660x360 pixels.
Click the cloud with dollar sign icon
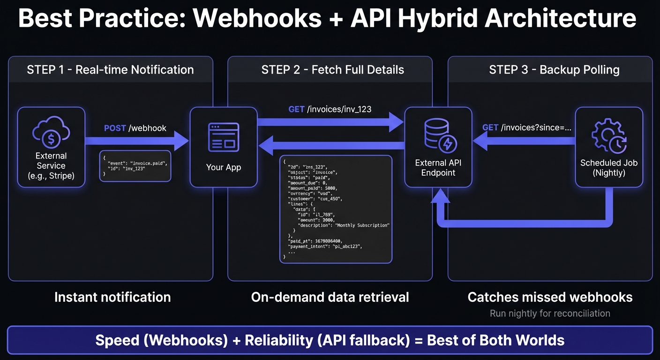tap(51, 134)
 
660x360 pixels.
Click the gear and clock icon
tap(608, 136)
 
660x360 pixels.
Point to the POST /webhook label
tap(135, 128)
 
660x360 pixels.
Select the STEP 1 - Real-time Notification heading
tap(110, 70)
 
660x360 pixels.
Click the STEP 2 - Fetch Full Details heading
tap(332, 70)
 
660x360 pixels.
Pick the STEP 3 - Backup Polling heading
tap(554, 70)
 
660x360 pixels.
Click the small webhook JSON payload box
tap(135, 165)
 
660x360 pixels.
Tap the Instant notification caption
tap(112, 297)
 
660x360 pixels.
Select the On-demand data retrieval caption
tap(330, 297)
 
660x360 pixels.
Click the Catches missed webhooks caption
tap(550, 297)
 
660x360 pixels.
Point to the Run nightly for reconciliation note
tap(550, 313)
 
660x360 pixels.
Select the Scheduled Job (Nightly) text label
tap(608, 167)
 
